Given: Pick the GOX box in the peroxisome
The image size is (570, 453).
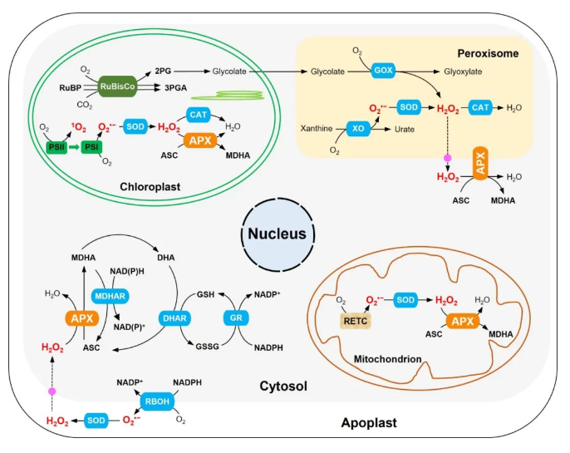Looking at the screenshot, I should (x=383, y=71).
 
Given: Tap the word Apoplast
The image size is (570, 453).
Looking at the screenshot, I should (x=369, y=423).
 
